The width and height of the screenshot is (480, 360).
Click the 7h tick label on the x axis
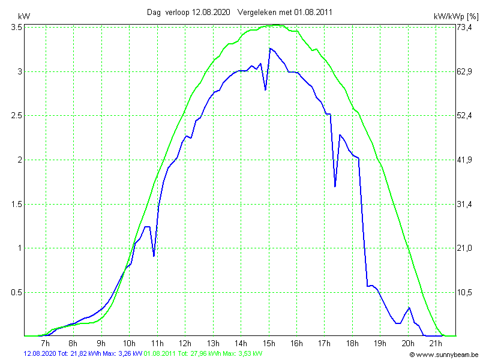(x=45, y=343)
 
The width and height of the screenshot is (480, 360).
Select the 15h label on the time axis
(x=269, y=343)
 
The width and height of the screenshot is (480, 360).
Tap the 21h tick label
(x=436, y=343)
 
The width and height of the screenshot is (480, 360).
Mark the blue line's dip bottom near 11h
(x=154, y=256)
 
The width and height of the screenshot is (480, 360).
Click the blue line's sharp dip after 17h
(x=335, y=187)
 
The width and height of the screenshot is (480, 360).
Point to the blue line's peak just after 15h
(x=270, y=48)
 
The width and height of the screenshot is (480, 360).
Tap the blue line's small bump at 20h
(x=409, y=308)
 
